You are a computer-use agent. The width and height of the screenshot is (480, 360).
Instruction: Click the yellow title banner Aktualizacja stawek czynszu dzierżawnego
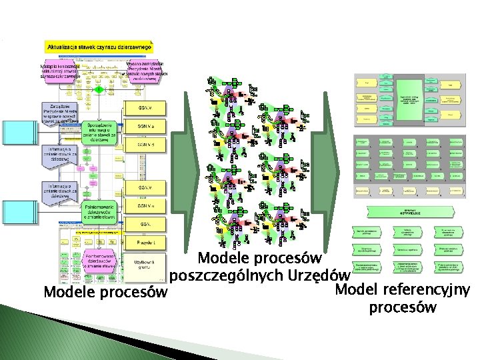click(x=99, y=47)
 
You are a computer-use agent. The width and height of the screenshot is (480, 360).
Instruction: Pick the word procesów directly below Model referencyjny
click(x=403, y=307)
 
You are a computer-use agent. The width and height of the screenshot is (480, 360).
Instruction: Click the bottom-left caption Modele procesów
click(x=103, y=292)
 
